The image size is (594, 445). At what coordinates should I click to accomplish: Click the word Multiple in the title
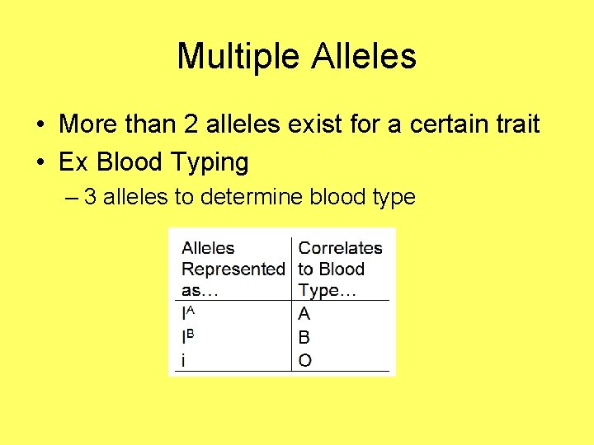[x=238, y=57]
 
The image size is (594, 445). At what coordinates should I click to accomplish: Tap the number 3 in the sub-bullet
[x=90, y=197]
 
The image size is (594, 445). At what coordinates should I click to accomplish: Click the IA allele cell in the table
[x=190, y=314]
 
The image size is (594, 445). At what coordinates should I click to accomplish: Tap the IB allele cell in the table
[x=190, y=337]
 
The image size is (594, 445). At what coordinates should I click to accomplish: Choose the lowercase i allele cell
[x=184, y=360]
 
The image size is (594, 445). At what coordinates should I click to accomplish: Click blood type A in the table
[x=304, y=314]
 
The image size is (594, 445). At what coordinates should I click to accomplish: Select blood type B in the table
[x=304, y=337]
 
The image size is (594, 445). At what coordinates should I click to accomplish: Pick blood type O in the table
[x=305, y=360]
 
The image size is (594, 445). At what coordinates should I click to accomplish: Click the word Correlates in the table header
[x=340, y=248]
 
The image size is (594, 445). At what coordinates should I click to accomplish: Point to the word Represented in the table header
[x=233, y=269]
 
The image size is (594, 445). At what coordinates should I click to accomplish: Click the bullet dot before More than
[x=40, y=125]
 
